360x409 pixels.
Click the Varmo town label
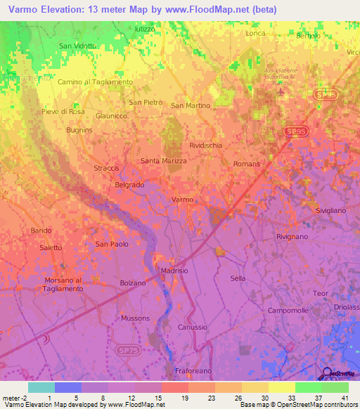[182, 200]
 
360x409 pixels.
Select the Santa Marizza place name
[164, 161]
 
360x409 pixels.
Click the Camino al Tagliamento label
[95, 82]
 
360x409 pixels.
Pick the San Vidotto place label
[77, 46]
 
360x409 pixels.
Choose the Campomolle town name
[289, 310]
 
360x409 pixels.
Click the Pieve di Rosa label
[63, 112]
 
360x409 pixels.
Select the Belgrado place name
[129, 185]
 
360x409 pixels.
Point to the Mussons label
[136, 318]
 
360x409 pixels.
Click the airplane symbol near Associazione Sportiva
[283, 91]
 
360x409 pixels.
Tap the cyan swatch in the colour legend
[41, 387]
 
